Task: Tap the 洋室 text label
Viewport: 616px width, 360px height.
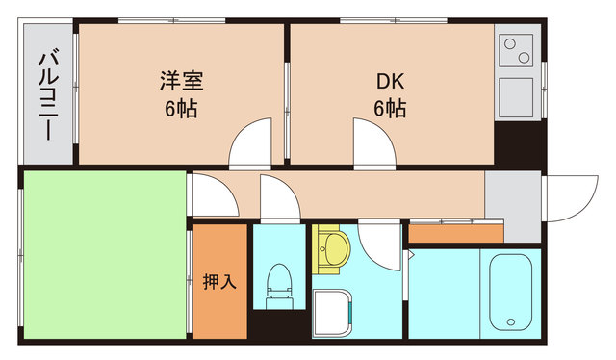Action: tap(180, 81)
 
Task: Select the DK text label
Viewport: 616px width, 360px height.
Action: tap(389, 81)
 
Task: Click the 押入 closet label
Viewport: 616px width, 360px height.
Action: tap(219, 282)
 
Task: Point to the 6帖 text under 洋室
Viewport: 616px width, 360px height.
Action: tap(180, 108)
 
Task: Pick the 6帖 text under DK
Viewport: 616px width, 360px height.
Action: tap(389, 108)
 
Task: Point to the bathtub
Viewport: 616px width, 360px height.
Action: tap(513, 291)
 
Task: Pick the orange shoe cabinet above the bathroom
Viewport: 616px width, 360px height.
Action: tap(455, 233)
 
